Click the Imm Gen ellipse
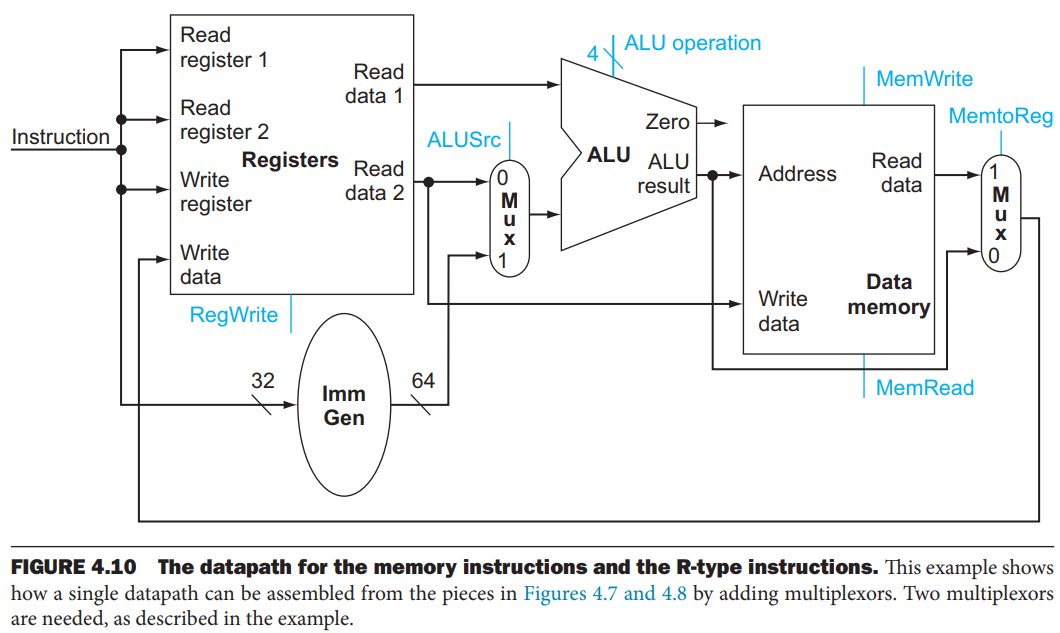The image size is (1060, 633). coord(343,405)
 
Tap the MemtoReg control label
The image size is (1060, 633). coord(1000,117)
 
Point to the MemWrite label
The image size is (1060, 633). coord(923,79)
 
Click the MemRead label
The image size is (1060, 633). coord(924,388)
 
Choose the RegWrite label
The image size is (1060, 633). coord(234,315)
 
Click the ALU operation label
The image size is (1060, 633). coord(692,43)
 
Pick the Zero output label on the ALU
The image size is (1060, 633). coord(667,122)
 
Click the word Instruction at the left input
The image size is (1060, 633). coord(60,137)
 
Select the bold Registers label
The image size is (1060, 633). coord(290,160)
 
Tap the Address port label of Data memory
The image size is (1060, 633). coord(797,174)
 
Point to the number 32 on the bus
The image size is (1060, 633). coord(262,381)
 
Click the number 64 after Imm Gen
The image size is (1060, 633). coord(423,381)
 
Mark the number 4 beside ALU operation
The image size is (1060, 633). coord(592,53)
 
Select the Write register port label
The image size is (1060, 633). coord(215,192)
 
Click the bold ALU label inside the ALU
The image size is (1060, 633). coord(608,155)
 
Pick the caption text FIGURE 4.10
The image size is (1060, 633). coord(72,568)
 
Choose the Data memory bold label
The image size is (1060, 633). coord(888,295)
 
